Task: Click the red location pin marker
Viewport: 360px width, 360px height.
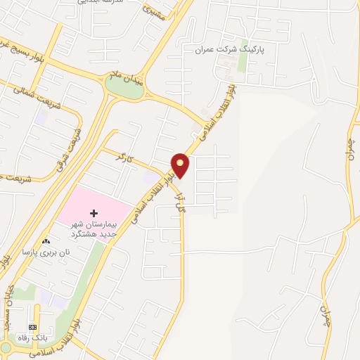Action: pos(181,165)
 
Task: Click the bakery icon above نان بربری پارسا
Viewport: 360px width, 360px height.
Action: pos(47,240)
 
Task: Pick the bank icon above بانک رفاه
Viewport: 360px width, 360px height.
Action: pos(32,328)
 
